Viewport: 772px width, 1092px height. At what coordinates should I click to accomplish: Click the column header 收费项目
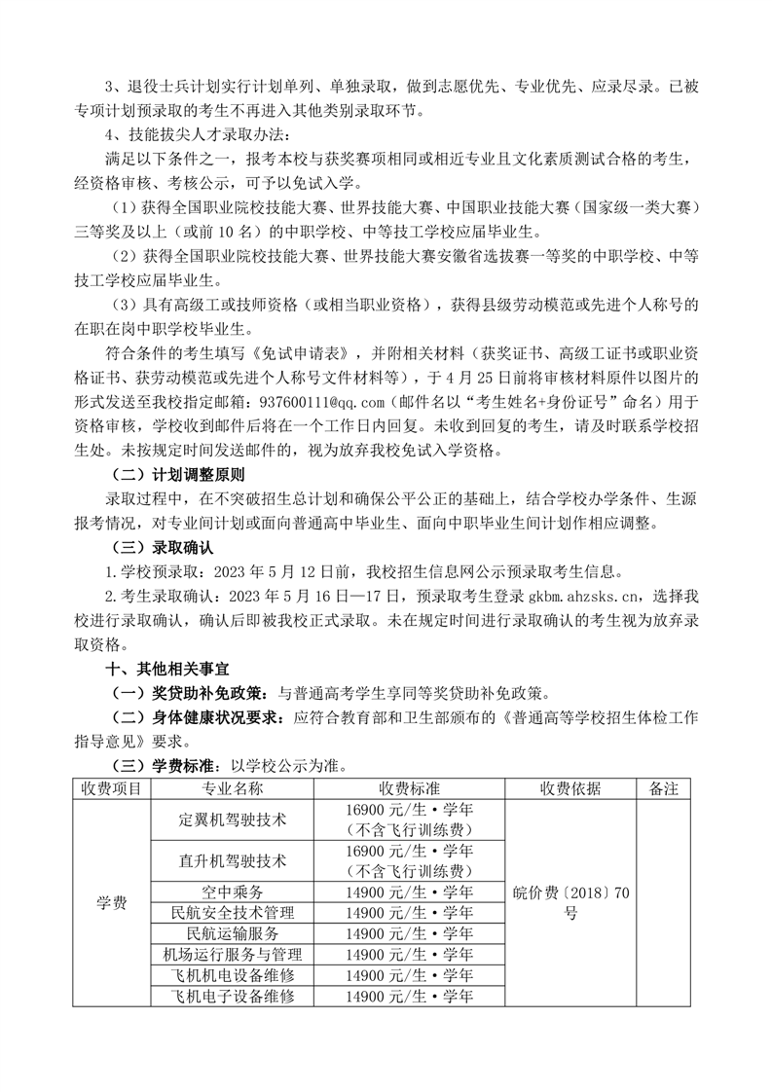point(111,787)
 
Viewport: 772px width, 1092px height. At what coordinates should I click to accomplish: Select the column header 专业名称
point(232,787)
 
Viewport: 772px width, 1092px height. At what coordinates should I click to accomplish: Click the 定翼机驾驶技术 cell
point(232,819)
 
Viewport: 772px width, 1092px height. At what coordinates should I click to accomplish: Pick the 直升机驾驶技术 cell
point(232,860)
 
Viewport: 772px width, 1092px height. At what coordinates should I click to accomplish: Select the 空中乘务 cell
point(232,892)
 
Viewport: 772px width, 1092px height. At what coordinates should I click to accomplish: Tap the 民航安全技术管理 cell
point(232,913)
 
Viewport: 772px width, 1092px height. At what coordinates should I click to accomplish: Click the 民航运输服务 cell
point(232,933)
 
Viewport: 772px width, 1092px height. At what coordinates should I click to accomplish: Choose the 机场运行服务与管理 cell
point(232,955)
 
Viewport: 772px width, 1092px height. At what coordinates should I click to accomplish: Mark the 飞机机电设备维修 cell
point(232,975)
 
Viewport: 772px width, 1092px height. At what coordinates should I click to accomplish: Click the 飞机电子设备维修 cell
point(232,997)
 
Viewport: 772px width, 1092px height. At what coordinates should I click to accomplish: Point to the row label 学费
point(111,902)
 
